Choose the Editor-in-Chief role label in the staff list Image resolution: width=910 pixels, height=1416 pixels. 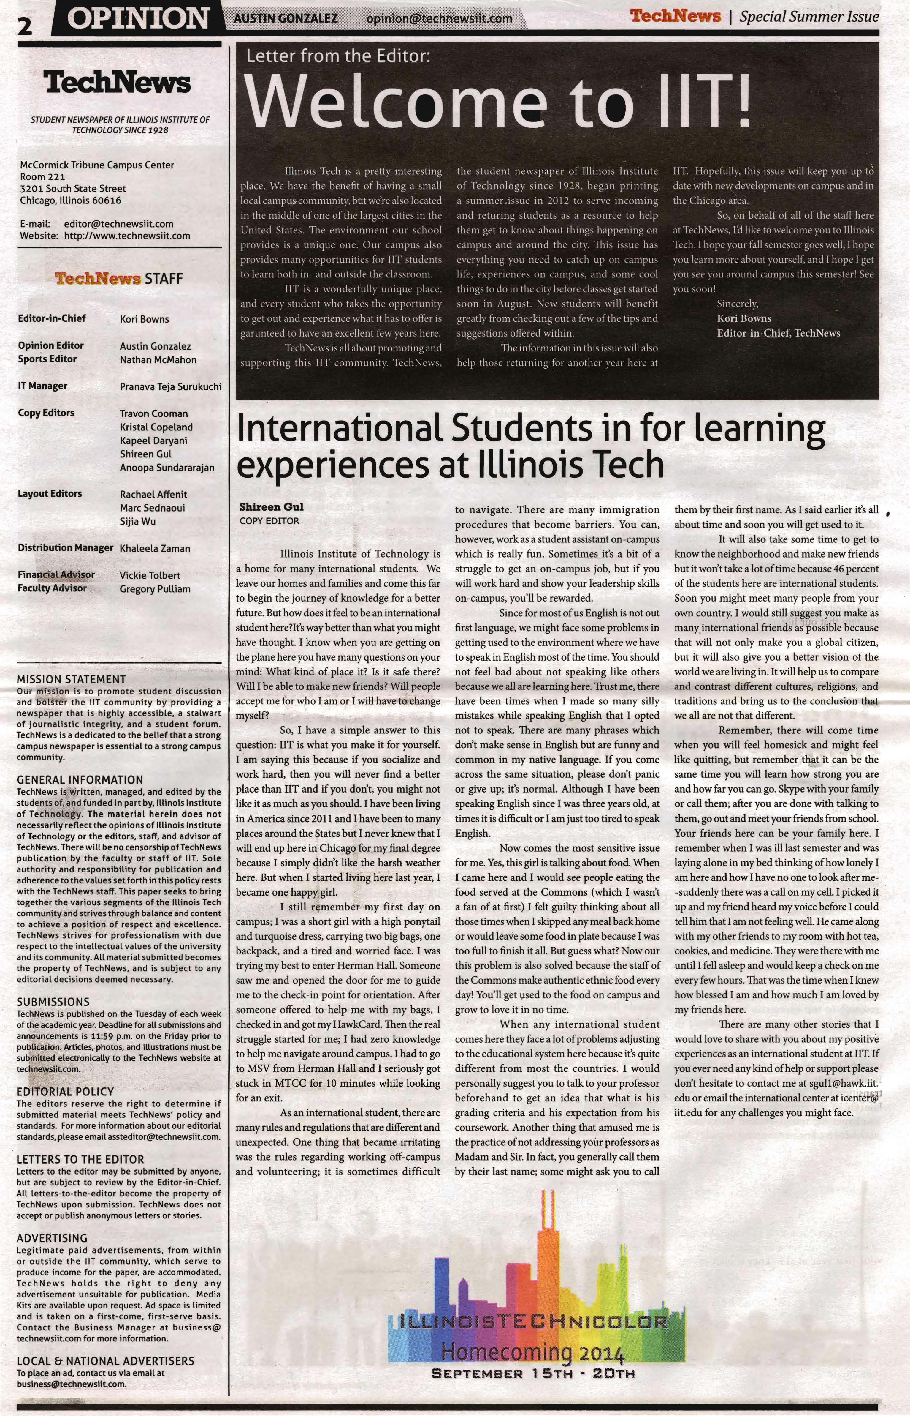[52, 318]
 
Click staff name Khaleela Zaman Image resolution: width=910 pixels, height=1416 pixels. [155, 549]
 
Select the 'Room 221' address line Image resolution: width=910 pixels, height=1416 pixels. [42, 177]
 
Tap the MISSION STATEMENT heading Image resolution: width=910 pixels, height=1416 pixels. [71, 679]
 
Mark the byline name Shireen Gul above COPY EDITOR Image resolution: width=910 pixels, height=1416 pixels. [271, 507]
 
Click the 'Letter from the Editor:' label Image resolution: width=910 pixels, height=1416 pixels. [335, 57]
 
